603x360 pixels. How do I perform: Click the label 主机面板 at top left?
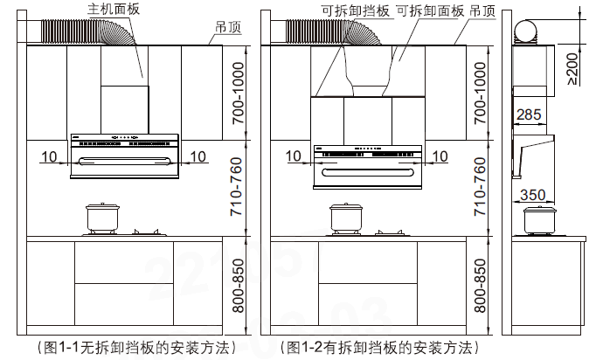point(114,8)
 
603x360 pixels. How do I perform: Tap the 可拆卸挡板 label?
point(356,10)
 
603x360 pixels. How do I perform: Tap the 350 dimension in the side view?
point(534,195)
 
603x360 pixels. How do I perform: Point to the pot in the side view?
point(538,220)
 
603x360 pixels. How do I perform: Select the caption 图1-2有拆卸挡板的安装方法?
point(380,347)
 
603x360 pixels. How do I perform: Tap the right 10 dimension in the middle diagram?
point(440,156)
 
